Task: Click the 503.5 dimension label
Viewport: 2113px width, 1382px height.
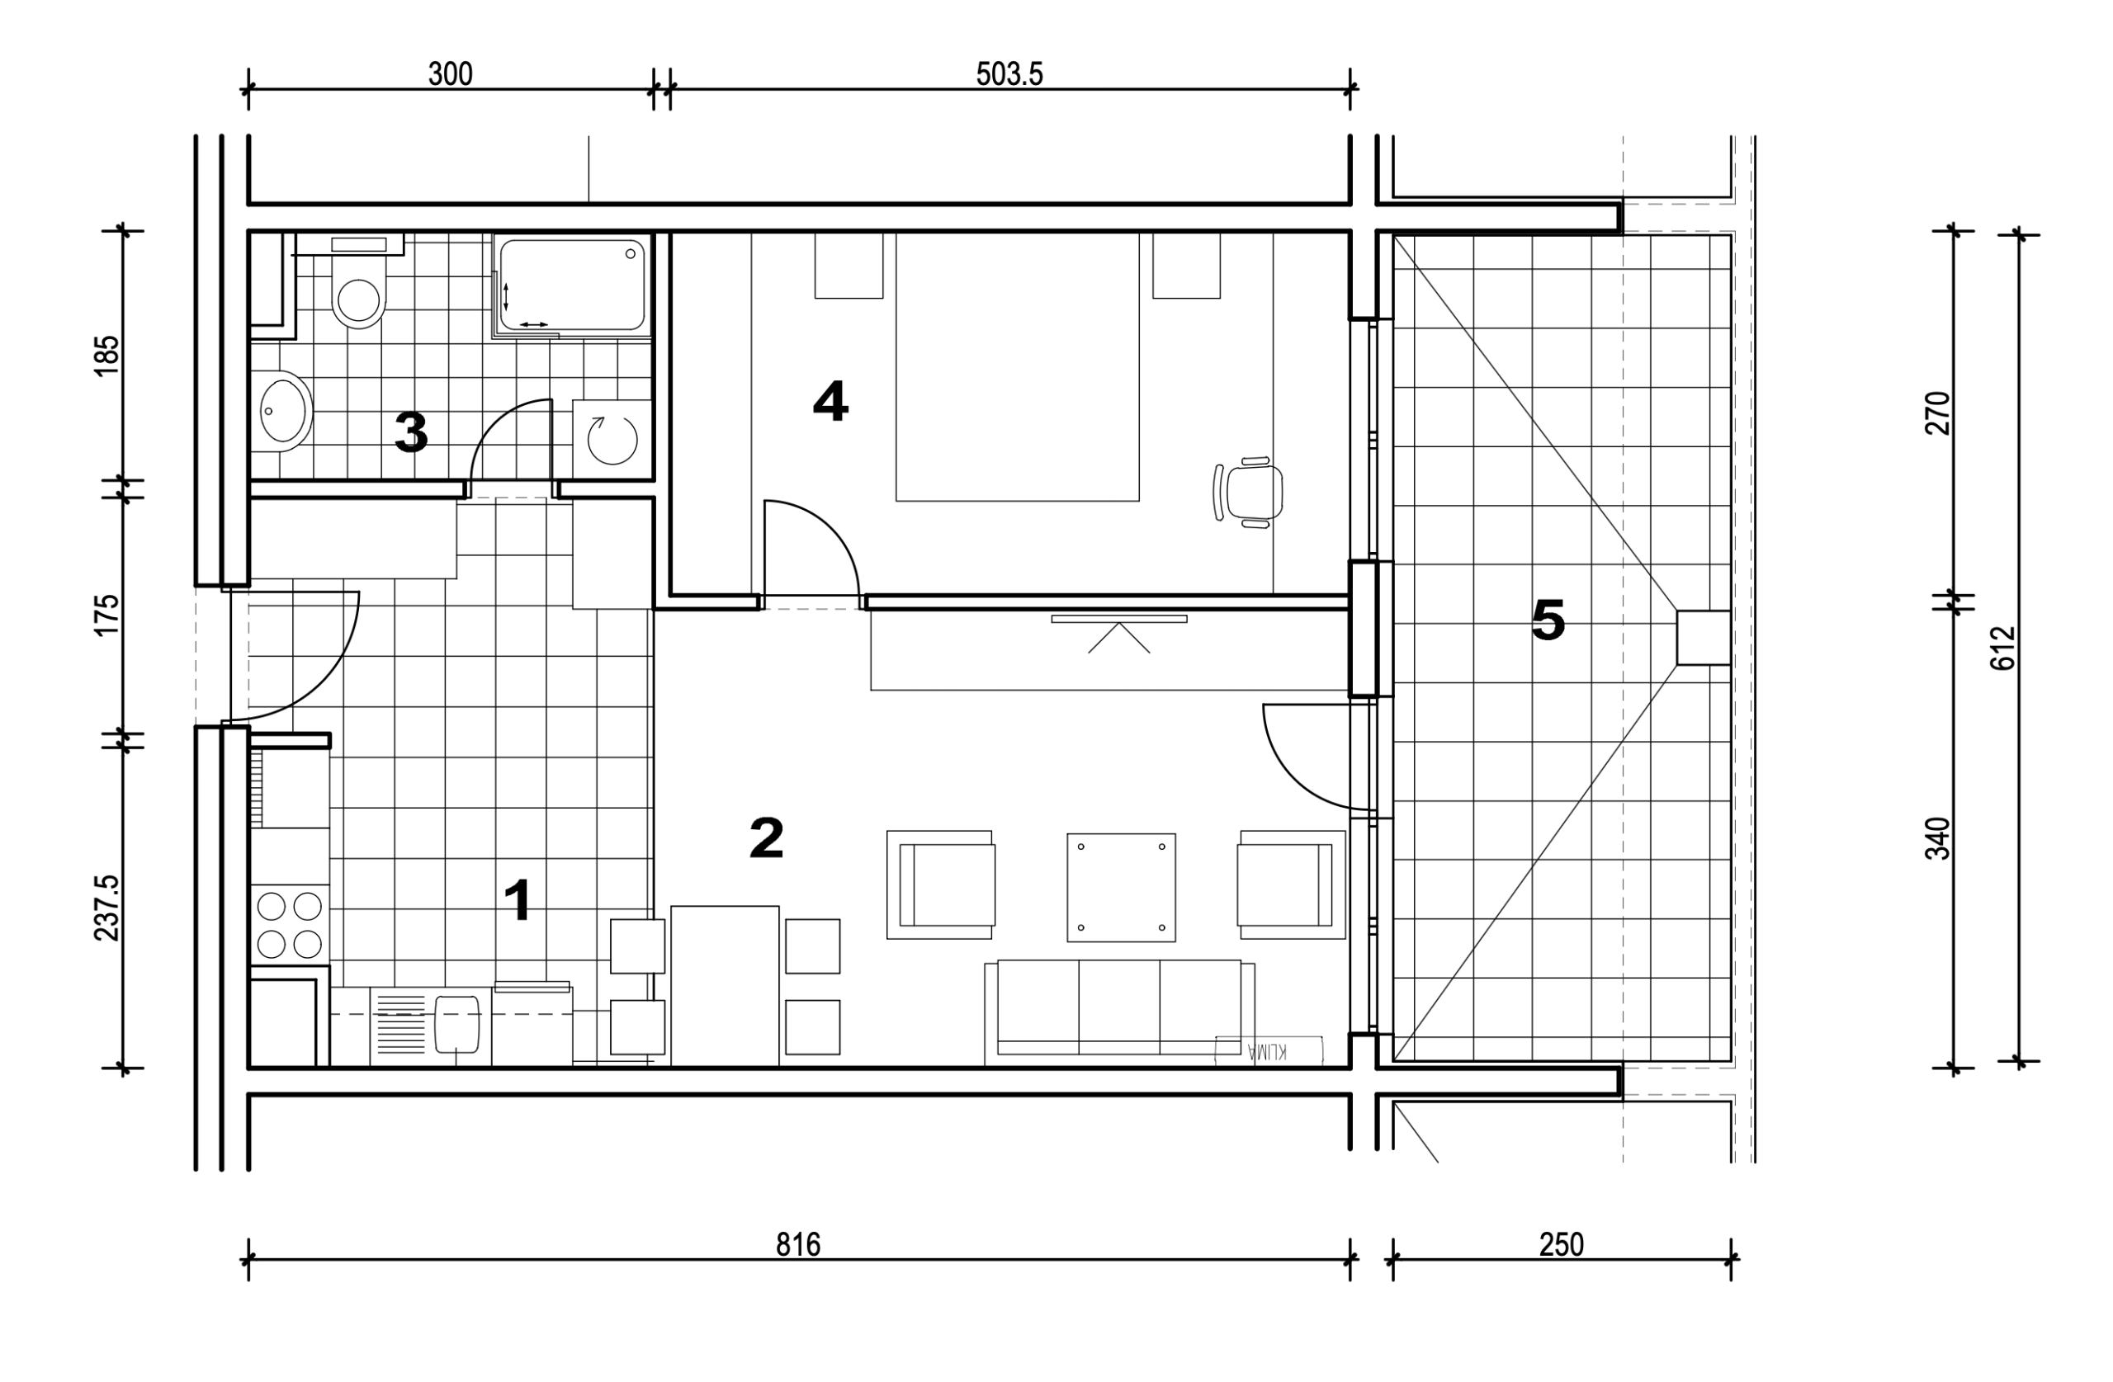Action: (x=1009, y=73)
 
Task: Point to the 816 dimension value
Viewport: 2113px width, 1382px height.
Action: (x=798, y=1245)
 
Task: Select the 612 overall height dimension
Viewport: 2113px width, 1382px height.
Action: (x=2004, y=648)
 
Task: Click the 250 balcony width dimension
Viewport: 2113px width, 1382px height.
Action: (x=1562, y=1245)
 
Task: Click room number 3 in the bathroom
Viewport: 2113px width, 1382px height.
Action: (x=411, y=432)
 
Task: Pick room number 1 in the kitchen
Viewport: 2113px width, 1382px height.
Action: (x=518, y=900)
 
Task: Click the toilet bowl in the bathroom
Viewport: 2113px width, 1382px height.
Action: (x=359, y=292)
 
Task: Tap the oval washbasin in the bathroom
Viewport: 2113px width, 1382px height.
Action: (x=282, y=411)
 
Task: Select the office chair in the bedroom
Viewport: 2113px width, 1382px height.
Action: (x=1248, y=493)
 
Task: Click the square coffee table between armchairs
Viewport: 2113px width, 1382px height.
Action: (x=1122, y=888)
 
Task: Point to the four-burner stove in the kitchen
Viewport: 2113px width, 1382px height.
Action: (x=290, y=924)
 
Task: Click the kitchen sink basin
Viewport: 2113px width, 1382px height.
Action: (x=457, y=1023)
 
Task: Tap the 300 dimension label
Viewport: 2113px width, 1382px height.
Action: (x=450, y=73)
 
